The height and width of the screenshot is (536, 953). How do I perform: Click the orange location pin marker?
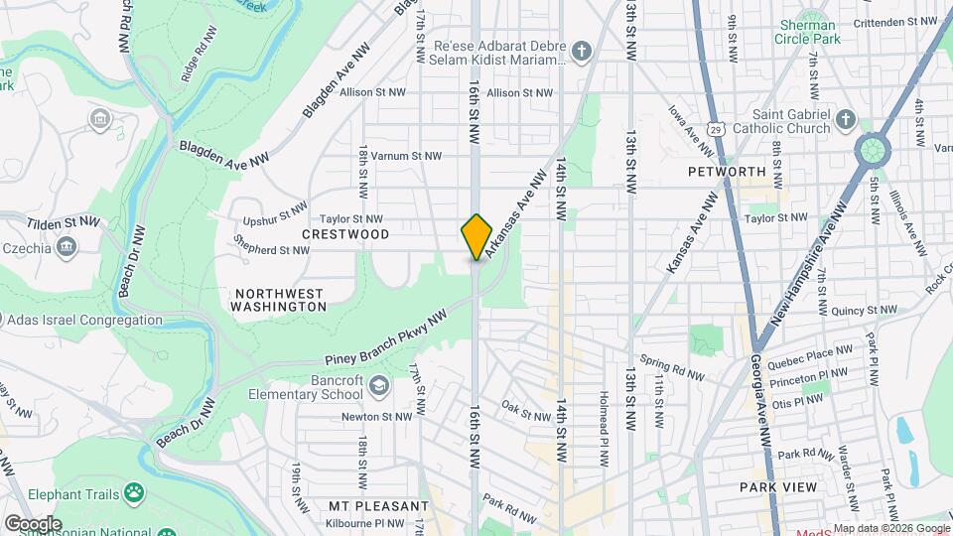point(476,237)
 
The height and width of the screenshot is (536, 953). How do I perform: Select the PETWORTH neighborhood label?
point(727,171)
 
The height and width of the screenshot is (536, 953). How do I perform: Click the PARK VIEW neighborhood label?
point(778,487)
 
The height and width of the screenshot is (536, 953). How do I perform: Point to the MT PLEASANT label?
point(368,505)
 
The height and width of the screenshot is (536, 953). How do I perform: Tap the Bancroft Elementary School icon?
point(378,384)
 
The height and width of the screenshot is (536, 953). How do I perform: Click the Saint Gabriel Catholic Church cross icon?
point(845,120)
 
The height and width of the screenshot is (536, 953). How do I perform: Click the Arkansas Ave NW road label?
point(516,203)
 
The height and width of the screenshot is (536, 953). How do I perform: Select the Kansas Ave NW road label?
point(692,235)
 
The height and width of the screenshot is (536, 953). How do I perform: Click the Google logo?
point(33,523)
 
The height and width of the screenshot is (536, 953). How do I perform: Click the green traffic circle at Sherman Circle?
point(872,151)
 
